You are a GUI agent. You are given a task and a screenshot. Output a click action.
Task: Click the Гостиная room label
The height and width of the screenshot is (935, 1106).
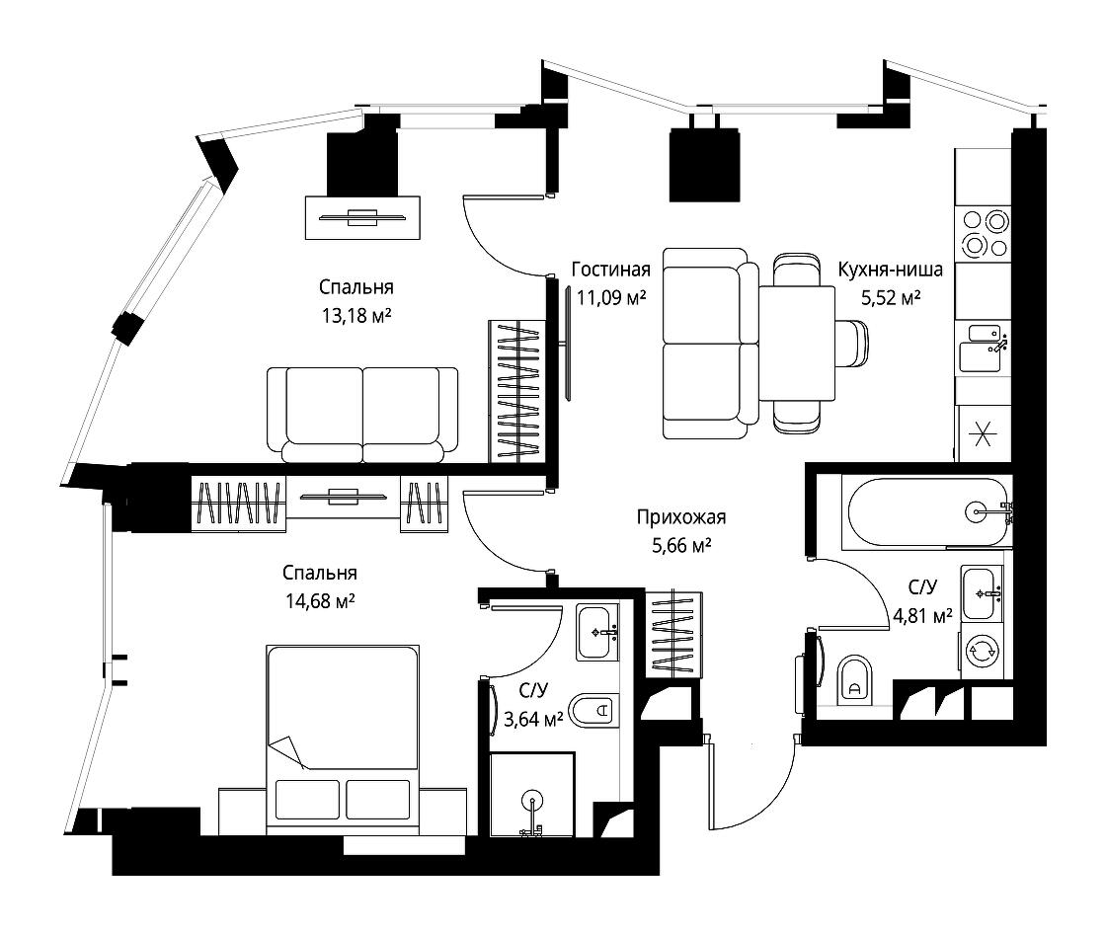(611, 270)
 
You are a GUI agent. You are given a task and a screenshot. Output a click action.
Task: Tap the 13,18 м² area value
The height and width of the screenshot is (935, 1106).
(356, 315)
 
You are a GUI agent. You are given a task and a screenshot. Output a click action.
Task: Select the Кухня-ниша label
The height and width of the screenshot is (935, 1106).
(890, 270)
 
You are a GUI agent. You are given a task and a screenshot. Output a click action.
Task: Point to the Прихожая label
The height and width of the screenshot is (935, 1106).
(680, 517)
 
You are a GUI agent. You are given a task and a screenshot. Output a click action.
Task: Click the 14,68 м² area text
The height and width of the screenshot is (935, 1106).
(320, 600)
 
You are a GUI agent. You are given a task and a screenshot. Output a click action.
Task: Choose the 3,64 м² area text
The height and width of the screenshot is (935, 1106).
(533, 719)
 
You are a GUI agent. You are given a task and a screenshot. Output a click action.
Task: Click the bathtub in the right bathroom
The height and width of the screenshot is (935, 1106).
(927, 511)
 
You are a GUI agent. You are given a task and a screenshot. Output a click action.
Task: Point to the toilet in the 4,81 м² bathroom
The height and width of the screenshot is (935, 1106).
(853, 679)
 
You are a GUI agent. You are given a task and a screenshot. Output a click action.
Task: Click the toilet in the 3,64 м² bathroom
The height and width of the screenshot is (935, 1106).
(594, 710)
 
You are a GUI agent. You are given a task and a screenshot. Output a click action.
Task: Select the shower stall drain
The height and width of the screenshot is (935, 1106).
(532, 801)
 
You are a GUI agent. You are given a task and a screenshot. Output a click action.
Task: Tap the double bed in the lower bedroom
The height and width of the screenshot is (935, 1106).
(343, 740)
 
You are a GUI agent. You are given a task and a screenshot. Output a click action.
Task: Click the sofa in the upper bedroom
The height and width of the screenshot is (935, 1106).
(362, 415)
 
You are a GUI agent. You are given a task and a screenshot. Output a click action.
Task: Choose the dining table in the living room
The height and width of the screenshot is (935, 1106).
(797, 344)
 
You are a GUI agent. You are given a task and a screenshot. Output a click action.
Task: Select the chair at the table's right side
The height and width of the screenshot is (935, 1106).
(852, 344)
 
